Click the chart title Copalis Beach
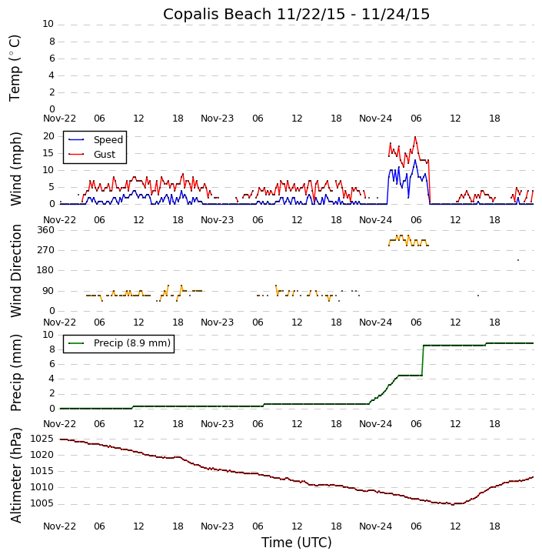[x=296, y=14]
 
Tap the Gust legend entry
[x=104, y=155]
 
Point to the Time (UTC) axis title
[x=296, y=543]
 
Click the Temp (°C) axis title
[x=15, y=67]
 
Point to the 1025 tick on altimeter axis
[x=44, y=439]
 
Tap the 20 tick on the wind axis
[x=48, y=136]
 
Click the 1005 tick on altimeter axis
[x=44, y=503]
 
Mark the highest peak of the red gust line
[x=415, y=138]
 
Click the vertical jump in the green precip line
[x=422, y=360]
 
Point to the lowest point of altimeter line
[x=453, y=504]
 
